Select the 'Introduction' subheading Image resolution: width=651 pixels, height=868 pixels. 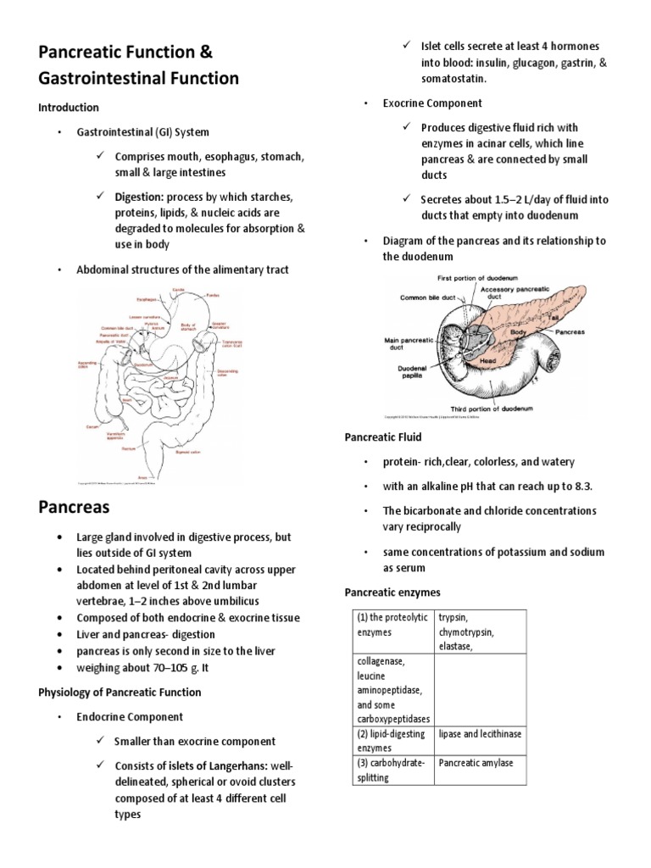[x=68, y=108]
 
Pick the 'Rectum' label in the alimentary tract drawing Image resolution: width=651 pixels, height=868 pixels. [x=129, y=448]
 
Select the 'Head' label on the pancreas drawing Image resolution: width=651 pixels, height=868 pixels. [x=487, y=359]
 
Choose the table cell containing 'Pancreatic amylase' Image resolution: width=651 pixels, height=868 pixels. [x=476, y=762]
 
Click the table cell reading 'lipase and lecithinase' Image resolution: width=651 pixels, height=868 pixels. [x=480, y=733]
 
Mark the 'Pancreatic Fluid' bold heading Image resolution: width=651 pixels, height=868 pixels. [x=382, y=437]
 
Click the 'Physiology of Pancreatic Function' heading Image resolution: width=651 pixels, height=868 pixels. [x=120, y=692]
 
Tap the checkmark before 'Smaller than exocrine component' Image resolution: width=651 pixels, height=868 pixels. [x=101, y=741]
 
